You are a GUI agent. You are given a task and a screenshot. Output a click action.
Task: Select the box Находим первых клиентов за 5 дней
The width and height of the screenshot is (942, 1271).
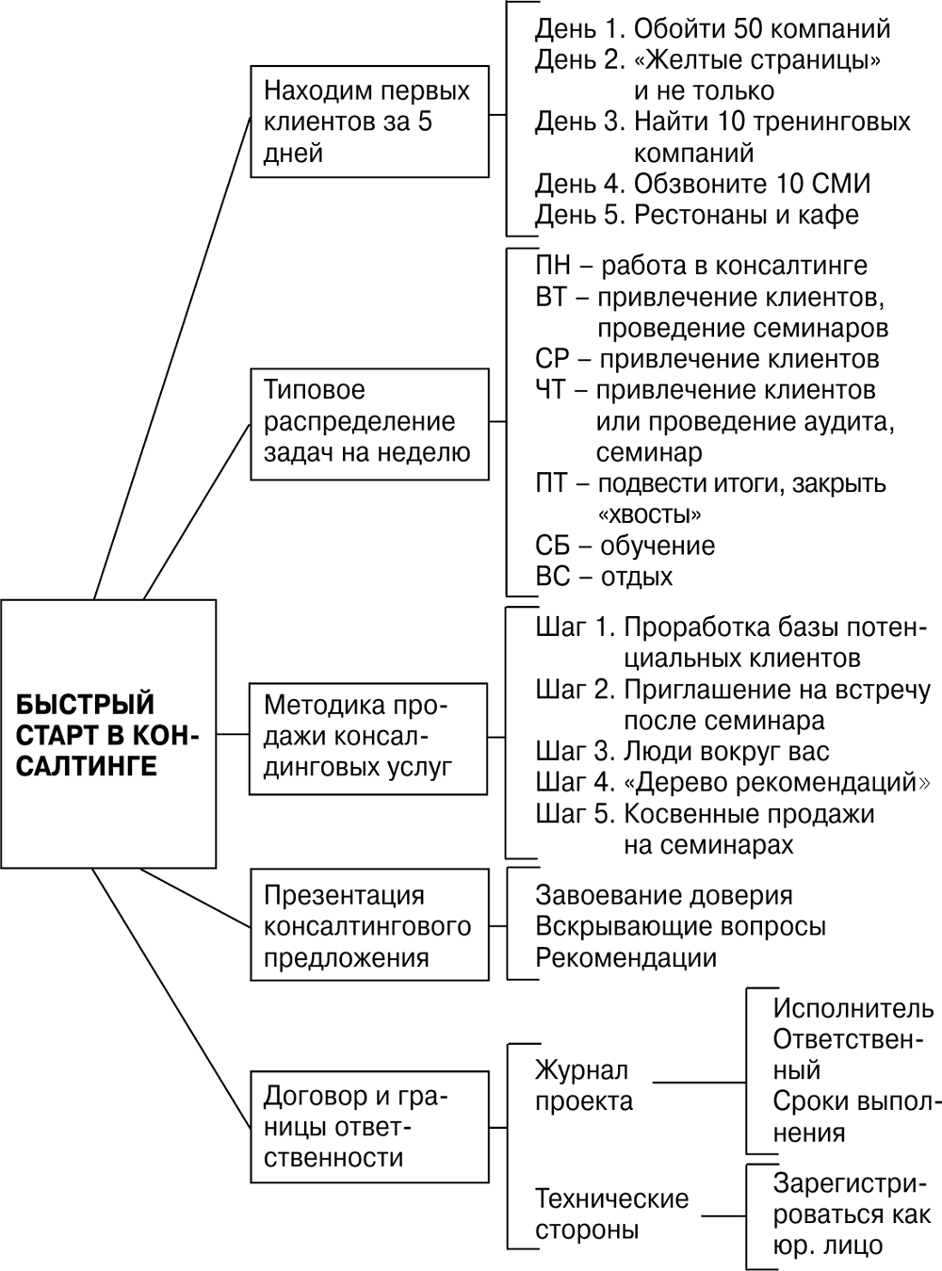369,122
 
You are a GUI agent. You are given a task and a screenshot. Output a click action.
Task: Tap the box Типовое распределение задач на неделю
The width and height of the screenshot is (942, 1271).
369,421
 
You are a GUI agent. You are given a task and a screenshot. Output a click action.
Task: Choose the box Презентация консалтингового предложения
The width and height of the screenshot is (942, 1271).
369,925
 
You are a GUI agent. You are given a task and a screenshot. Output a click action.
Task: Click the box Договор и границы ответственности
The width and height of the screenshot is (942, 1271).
369,1126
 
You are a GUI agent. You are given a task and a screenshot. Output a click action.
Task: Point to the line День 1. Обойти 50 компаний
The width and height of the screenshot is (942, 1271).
713,29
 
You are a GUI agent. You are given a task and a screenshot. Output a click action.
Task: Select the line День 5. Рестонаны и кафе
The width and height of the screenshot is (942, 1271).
697,215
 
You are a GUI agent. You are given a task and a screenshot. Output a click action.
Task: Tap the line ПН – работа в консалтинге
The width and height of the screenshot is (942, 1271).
701,267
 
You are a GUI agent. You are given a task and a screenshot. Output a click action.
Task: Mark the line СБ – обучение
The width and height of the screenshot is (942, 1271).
625,546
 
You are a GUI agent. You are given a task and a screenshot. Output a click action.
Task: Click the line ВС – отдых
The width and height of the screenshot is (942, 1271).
604,576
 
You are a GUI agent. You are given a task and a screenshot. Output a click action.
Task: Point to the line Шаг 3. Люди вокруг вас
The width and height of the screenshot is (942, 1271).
682,752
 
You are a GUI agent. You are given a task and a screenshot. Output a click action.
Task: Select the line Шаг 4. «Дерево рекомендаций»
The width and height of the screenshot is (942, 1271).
733,782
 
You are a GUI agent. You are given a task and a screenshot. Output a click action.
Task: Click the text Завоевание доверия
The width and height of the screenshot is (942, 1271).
663,895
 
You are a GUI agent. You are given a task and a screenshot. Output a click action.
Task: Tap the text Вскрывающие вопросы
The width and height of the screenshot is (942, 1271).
680,926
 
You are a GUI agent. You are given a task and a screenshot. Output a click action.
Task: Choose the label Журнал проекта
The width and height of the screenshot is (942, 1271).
584,1085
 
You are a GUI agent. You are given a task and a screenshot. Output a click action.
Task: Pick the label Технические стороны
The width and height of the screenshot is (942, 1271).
611,1214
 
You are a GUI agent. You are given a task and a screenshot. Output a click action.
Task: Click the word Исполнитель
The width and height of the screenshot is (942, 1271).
853,1008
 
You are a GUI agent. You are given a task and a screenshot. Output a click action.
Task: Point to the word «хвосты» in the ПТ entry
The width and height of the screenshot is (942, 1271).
649,514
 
